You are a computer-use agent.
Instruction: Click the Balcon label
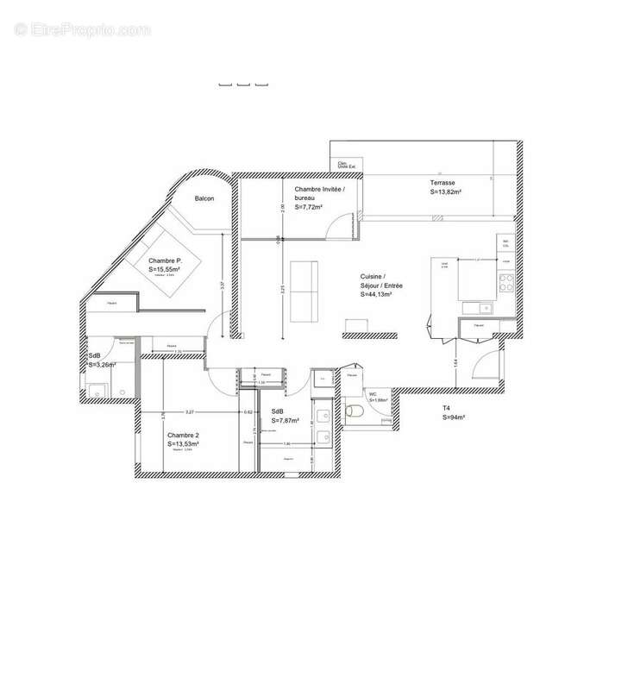point(204,198)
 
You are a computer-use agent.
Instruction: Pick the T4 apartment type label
point(447,409)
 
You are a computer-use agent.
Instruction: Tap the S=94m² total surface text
point(454,417)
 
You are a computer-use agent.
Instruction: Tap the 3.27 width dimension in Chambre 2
point(190,412)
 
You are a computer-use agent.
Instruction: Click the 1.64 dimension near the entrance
point(455,363)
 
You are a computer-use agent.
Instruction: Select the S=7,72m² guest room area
point(309,207)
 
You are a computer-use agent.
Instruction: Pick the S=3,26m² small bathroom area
point(102,365)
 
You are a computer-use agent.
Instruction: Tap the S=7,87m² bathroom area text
point(285,421)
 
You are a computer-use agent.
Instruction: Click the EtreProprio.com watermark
point(82,29)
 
